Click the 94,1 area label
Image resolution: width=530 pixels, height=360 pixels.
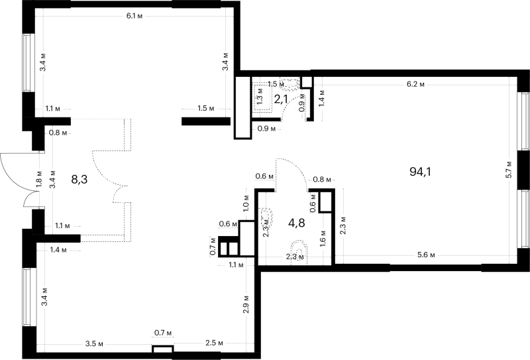(421, 172)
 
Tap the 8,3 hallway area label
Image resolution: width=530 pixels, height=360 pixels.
(79, 179)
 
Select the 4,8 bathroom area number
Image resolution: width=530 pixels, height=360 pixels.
(296, 223)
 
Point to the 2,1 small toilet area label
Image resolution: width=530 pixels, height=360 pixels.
(281, 99)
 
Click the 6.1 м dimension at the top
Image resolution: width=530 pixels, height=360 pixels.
(134, 16)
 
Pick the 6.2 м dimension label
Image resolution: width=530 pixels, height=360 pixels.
(416, 84)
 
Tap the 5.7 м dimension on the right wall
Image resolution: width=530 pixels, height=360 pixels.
(509, 170)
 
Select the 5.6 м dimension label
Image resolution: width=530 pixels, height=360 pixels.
(426, 255)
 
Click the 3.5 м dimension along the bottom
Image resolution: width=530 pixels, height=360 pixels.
(94, 344)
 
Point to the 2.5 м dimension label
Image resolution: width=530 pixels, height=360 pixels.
(214, 343)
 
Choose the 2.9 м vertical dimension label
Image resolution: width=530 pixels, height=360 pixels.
(246, 304)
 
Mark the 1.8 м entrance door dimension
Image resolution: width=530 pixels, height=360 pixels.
(39, 179)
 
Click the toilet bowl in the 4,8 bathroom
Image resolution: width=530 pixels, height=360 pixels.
(299, 252)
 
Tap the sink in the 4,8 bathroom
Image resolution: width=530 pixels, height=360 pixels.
(266, 216)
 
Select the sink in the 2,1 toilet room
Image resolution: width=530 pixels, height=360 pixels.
(289, 84)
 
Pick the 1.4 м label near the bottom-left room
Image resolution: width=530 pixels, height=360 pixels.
(58, 250)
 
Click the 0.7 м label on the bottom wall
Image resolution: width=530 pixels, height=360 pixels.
(163, 333)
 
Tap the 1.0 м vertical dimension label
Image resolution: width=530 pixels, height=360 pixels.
(246, 202)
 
